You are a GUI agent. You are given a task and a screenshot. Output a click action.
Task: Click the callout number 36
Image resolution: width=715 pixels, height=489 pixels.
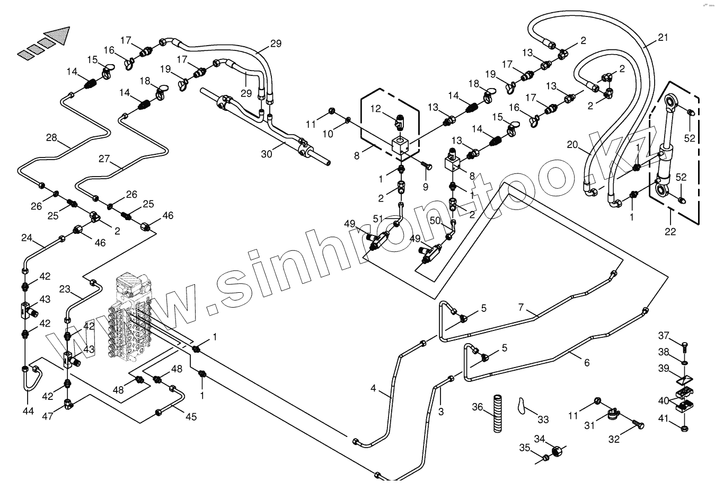(x=478, y=407)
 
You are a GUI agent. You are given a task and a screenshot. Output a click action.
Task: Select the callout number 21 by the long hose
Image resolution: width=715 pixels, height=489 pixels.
(x=663, y=38)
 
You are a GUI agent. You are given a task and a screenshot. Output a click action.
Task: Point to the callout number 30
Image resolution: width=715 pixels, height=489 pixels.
(x=266, y=154)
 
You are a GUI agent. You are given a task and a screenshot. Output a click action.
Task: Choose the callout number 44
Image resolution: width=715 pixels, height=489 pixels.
(x=28, y=411)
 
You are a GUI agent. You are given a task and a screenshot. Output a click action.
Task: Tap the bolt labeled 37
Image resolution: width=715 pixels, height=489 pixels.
(x=684, y=347)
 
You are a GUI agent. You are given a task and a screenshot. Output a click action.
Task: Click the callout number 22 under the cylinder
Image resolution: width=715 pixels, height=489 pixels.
(x=670, y=231)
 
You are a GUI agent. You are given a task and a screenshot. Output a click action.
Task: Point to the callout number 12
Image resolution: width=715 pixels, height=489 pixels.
(x=376, y=109)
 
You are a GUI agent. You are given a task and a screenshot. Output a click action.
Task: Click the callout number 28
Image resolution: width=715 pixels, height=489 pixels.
(x=51, y=138)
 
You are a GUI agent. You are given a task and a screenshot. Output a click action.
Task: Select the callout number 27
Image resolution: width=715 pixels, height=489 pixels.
(x=104, y=158)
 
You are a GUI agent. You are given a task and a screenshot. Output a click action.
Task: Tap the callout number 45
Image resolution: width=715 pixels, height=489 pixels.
(x=191, y=416)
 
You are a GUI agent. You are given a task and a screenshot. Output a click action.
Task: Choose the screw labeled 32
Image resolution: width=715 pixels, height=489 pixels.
(x=638, y=424)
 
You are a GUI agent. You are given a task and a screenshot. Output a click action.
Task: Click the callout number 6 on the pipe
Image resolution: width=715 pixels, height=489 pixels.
(x=587, y=363)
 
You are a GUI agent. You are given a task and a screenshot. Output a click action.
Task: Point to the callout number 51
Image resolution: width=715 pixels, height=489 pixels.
(x=377, y=219)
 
